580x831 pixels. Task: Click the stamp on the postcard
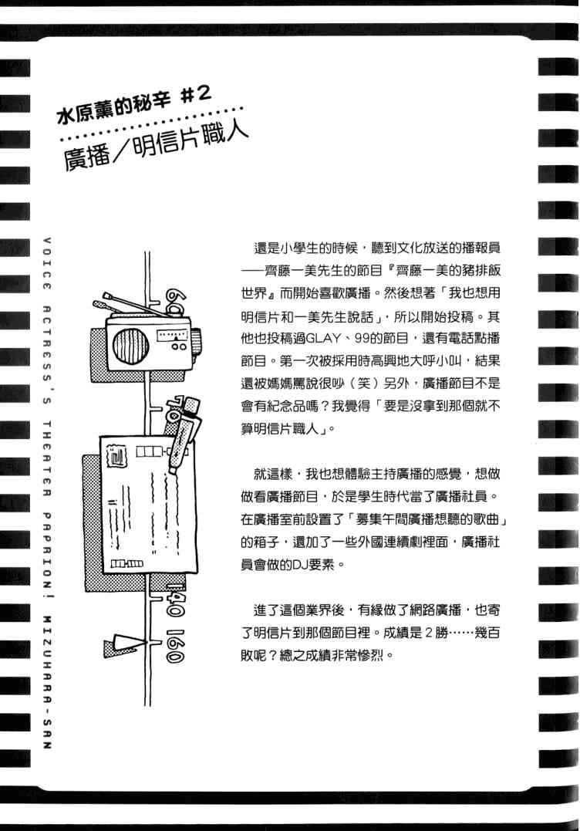pyautogui.click(x=116, y=456)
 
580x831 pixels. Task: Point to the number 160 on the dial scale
pyautogui.click(x=175, y=646)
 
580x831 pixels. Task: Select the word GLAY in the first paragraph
pyautogui.click(x=323, y=339)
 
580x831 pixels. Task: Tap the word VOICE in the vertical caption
pyautogui.click(x=46, y=263)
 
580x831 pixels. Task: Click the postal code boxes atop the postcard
pyautogui.click(x=151, y=451)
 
